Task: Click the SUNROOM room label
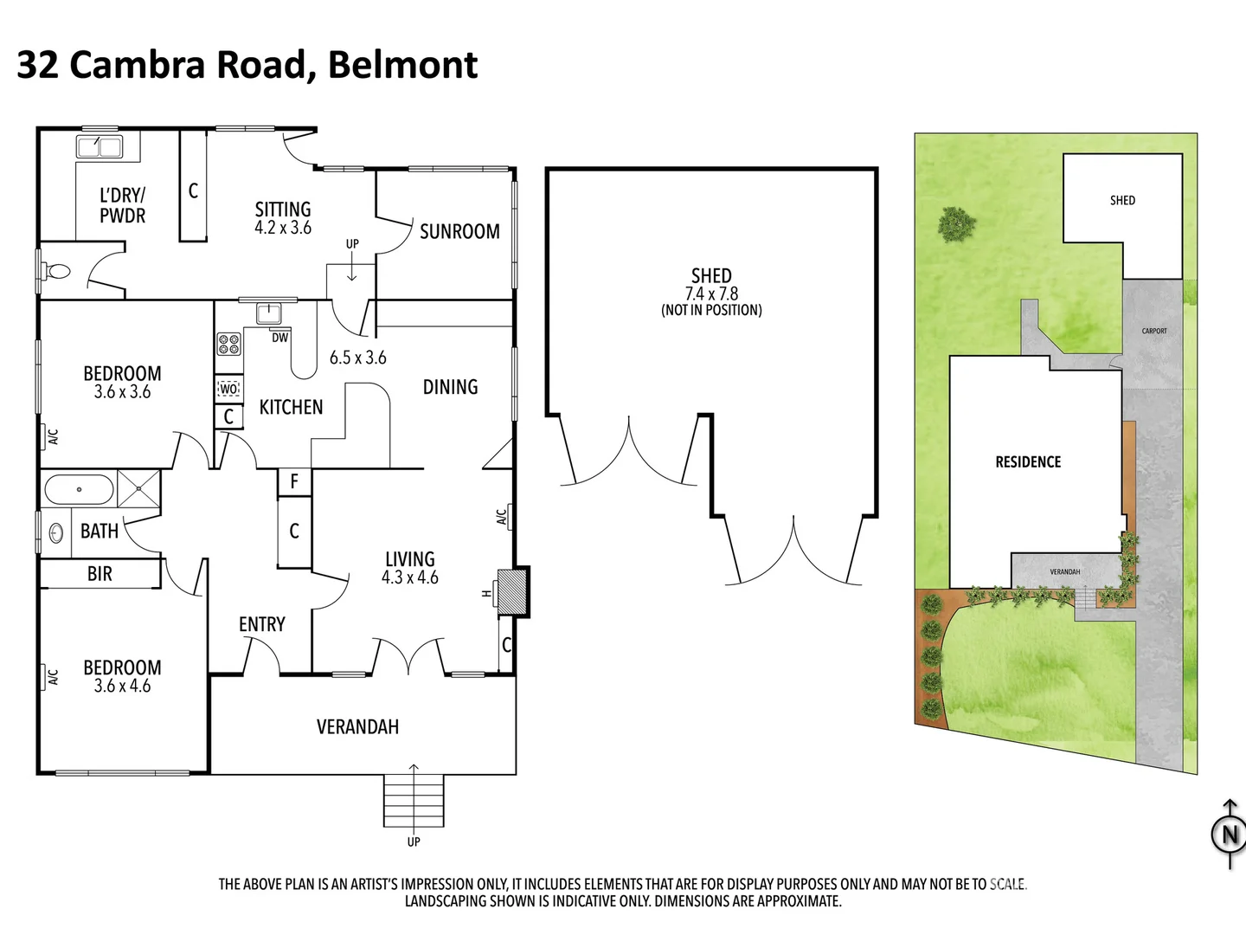coord(459,232)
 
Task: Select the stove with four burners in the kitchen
coord(228,344)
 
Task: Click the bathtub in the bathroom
coord(79,490)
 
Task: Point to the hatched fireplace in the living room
coord(512,591)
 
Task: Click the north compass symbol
coord(1228,835)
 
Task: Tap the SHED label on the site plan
coord(1122,201)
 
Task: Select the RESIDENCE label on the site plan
coord(1028,462)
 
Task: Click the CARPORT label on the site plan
coord(1154,331)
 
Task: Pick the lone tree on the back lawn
coord(956,224)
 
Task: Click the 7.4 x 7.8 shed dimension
coord(711,294)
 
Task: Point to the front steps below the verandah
coord(414,801)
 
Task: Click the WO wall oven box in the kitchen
coord(228,390)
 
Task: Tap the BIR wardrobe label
coord(100,574)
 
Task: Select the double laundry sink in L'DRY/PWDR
coord(100,147)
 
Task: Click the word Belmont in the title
coord(403,65)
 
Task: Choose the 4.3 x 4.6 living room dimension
coord(410,577)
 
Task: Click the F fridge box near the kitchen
coord(294,482)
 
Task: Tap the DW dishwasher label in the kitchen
coord(279,338)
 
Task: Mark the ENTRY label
coord(261,624)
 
